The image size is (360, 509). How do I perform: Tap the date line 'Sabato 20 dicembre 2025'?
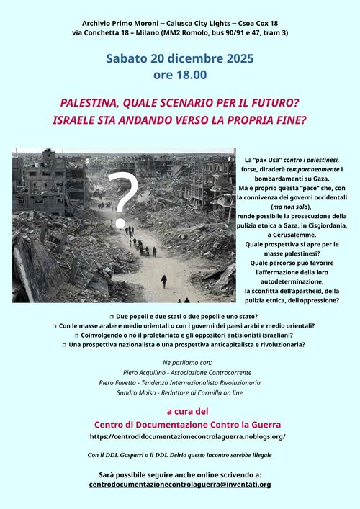pyautogui.click(x=180, y=58)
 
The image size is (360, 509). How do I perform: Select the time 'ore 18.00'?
pyautogui.click(x=180, y=74)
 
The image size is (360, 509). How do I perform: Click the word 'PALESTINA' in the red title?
pyautogui.click(x=90, y=103)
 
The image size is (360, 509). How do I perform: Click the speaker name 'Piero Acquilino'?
pyautogui.click(x=144, y=372)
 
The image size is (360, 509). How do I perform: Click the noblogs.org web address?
pyautogui.click(x=188, y=436)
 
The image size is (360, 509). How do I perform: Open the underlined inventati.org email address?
pyautogui.click(x=180, y=485)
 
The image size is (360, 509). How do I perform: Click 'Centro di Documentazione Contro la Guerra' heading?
pyautogui.click(x=187, y=425)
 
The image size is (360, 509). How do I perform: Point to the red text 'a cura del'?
pyautogui.click(x=187, y=412)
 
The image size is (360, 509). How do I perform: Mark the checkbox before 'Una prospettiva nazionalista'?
pyautogui.click(x=64, y=345)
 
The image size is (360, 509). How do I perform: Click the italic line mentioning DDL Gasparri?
pyautogui.click(x=180, y=455)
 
